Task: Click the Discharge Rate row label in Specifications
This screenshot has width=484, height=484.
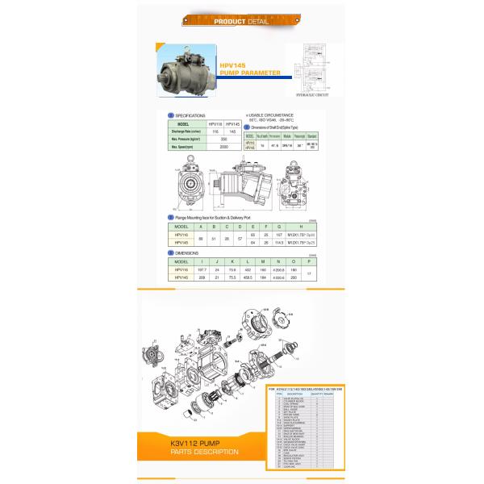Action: [x=183, y=131]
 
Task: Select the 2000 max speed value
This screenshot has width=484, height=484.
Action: [x=223, y=148]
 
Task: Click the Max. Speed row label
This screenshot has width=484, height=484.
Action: [x=183, y=148]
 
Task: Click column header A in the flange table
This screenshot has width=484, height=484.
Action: [x=211, y=227]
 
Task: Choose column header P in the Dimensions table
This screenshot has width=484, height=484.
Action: [x=310, y=262]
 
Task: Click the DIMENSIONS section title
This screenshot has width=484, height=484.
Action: [x=188, y=252]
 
